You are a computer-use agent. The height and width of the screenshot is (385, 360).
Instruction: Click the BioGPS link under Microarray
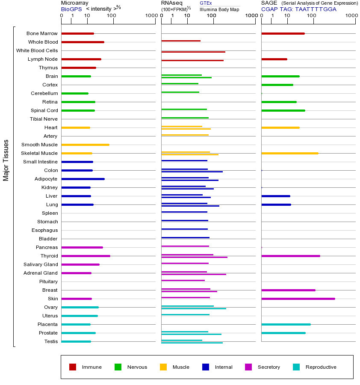click(x=71, y=9)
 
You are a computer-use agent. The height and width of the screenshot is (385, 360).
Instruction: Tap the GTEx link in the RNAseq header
click(x=206, y=3)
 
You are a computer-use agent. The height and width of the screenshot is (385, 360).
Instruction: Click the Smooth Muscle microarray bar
click(x=86, y=145)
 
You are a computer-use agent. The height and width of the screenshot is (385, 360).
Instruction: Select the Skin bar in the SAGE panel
click(x=298, y=299)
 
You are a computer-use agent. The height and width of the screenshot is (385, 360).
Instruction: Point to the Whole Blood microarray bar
click(x=83, y=42)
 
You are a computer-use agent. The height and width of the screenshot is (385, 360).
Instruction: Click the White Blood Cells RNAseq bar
click(x=193, y=52)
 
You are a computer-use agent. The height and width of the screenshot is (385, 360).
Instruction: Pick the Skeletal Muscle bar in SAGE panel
click(x=290, y=154)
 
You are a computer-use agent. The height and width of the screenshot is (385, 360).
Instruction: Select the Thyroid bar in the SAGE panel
click(x=291, y=256)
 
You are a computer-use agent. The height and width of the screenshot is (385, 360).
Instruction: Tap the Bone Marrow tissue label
click(x=42, y=33)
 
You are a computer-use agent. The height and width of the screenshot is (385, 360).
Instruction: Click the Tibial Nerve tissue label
click(x=44, y=119)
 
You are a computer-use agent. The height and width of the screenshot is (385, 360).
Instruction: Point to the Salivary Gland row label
click(x=41, y=264)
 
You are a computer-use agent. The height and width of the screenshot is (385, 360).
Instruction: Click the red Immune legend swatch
click(x=73, y=367)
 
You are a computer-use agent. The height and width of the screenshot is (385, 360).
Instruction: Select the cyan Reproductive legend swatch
click(x=296, y=367)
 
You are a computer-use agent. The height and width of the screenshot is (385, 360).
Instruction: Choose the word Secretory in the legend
click(x=269, y=367)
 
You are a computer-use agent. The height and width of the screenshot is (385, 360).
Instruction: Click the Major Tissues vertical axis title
click(x=6, y=160)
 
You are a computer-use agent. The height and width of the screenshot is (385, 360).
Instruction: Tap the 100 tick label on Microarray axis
click(x=112, y=15)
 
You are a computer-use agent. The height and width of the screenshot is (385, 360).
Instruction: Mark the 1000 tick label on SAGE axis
click(x=351, y=15)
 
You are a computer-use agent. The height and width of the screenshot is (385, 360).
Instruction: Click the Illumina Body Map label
click(x=219, y=9)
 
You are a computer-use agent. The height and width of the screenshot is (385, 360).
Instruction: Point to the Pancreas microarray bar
click(x=82, y=248)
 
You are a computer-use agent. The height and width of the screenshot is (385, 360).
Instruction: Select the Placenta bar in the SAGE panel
click(x=286, y=325)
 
